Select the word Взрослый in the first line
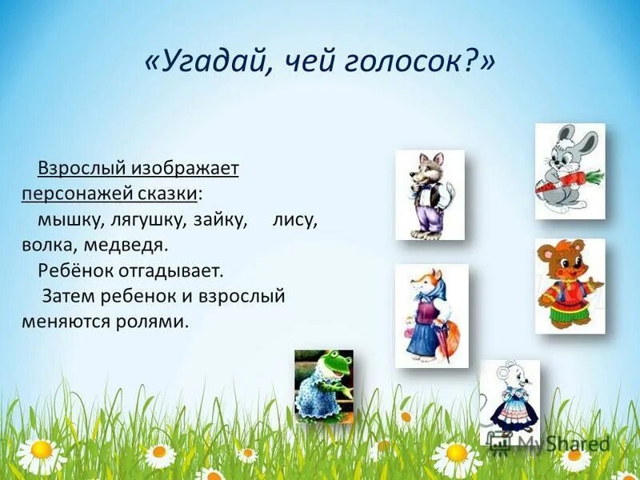click(x=78, y=170)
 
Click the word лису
click(x=295, y=219)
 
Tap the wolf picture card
click(x=430, y=194)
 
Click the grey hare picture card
click(x=570, y=170)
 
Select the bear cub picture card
click(x=570, y=286)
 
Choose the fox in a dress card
click(x=431, y=316)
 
